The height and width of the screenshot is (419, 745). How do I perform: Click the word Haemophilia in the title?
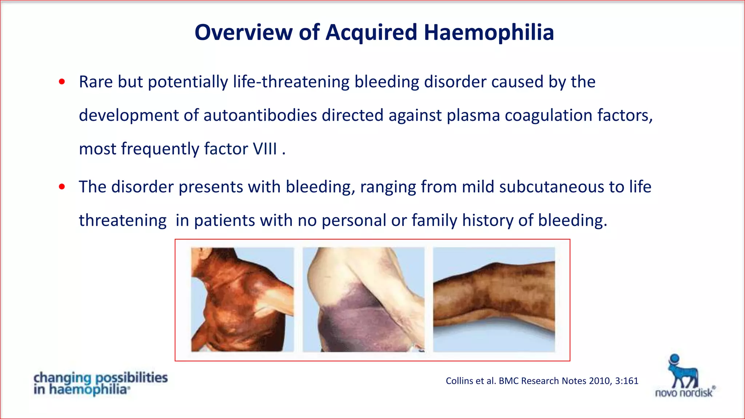(489, 33)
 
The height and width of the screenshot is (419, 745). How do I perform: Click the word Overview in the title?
(243, 33)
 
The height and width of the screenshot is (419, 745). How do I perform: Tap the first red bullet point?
(62, 82)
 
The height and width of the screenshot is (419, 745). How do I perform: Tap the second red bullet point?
(62, 187)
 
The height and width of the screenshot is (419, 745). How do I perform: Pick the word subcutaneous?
(551, 187)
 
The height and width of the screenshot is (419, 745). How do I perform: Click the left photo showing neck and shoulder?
(242, 300)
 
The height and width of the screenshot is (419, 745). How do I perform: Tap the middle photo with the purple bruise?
(363, 300)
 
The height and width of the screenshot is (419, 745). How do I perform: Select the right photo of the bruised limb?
(494, 300)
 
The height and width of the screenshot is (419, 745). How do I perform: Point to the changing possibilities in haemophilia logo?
(100, 383)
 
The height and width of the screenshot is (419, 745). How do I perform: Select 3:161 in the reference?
(626, 381)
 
